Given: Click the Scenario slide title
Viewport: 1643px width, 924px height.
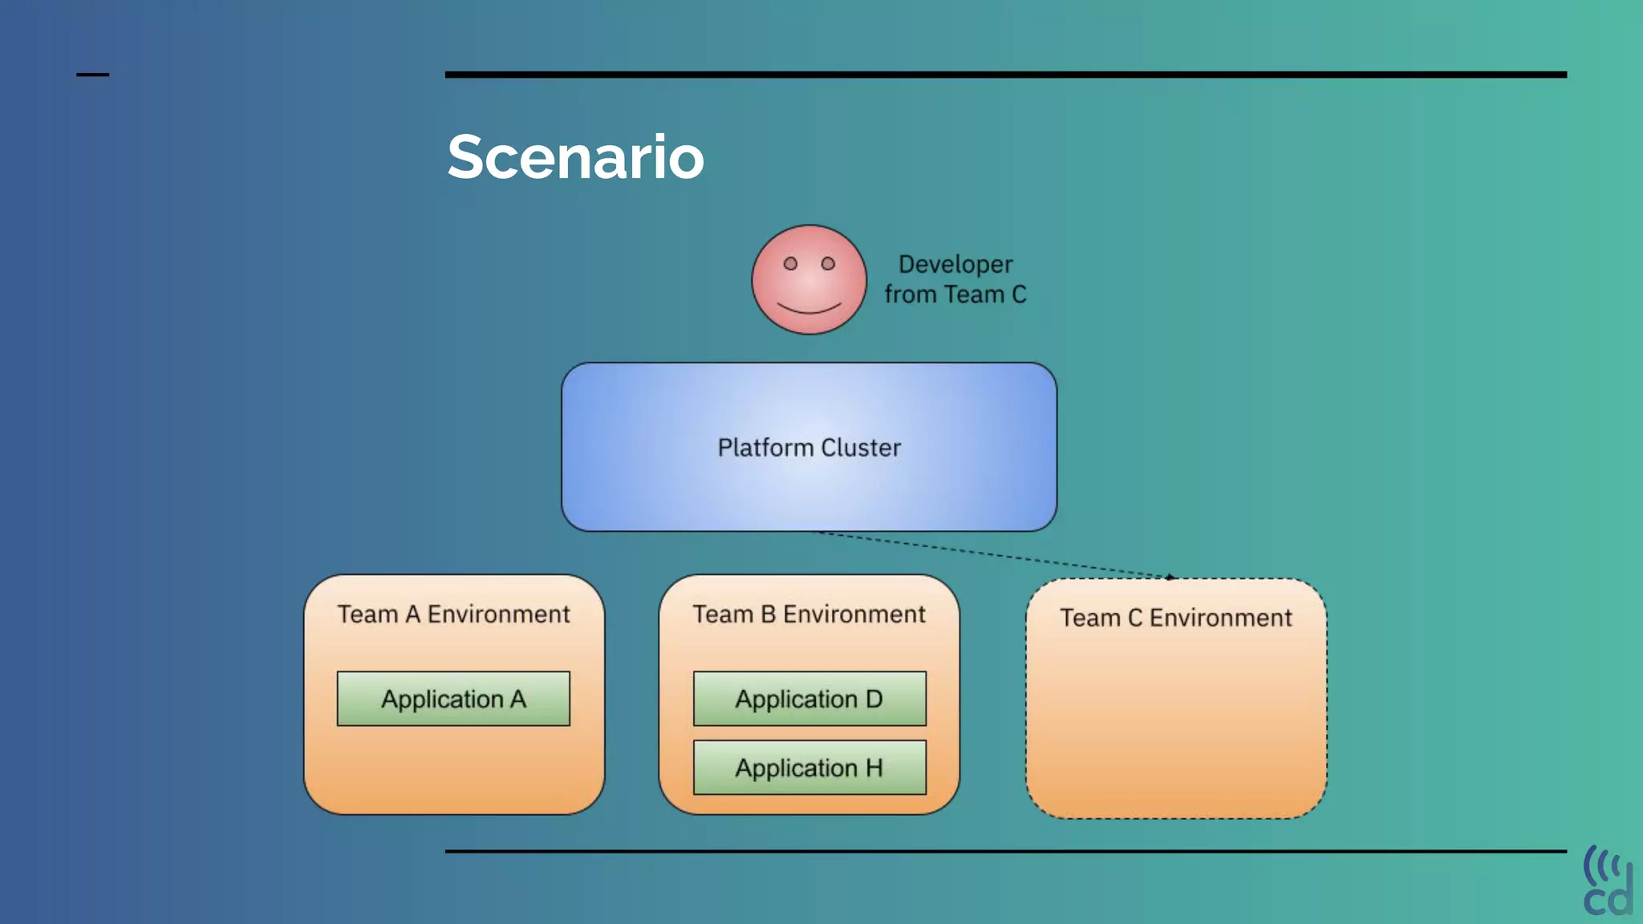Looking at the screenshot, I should (x=575, y=157).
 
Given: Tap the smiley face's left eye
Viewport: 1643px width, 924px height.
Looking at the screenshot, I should (x=790, y=264).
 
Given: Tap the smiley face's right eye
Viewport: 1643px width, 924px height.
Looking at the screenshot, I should (x=828, y=264).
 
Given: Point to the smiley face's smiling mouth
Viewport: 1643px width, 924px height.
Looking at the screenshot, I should (x=809, y=310).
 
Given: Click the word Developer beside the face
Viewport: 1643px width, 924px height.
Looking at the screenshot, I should (x=955, y=265).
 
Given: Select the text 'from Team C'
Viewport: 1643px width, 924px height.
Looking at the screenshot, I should (x=955, y=295).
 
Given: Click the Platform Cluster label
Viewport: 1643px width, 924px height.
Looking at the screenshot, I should (x=809, y=448).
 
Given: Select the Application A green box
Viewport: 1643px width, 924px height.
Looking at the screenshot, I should (x=453, y=699).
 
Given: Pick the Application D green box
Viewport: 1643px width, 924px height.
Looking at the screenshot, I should (x=809, y=699).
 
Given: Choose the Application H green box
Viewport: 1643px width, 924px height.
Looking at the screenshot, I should (x=809, y=768).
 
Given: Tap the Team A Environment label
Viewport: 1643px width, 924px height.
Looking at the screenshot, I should (x=453, y=614).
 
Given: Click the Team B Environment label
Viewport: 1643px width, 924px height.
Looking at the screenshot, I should (x=809, y=614).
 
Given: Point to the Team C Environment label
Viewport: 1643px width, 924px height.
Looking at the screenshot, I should (x=1175, y=618).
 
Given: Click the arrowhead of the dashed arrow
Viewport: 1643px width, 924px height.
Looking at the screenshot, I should (x=1171, y=577).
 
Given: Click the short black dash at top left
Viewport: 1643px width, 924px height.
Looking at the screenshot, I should (x=92, y=75).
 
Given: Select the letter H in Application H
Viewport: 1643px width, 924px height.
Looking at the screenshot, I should (x=874, y=768).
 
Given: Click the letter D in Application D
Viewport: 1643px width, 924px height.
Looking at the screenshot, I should (x=874, y=699).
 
